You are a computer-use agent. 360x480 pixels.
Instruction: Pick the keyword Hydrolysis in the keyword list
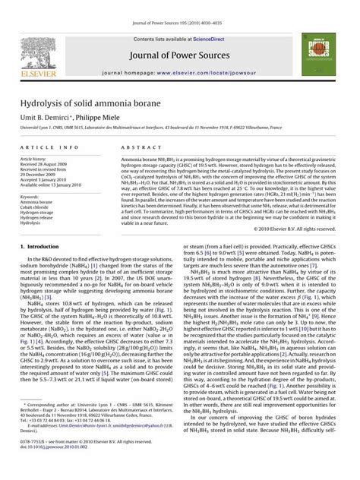click(34, 223)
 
